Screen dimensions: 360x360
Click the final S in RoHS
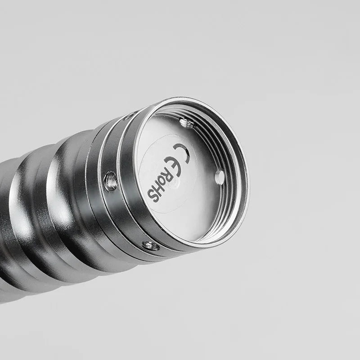153,197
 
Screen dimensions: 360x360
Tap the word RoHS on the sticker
161,188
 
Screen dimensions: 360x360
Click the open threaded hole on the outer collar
111,182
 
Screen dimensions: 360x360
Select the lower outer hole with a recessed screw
150,246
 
